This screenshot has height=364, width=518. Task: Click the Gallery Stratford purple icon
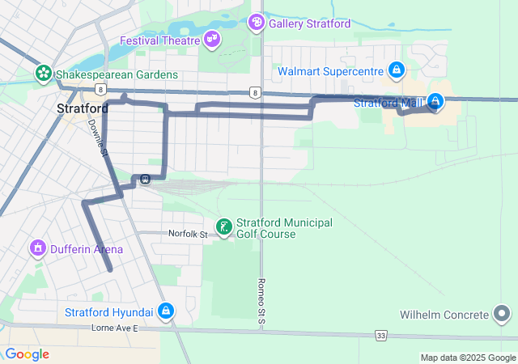pos(257,23)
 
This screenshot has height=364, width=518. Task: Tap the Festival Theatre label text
pos(160,40)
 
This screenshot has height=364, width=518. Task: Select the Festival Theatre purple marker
pos(212,39)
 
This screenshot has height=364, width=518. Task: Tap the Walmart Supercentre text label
pos(331,71)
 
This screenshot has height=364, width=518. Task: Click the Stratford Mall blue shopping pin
pos(435,102)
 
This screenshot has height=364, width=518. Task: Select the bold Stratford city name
pos(83,108)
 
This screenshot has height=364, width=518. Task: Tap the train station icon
pos(145,180)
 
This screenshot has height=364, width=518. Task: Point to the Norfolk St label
pos(189,233)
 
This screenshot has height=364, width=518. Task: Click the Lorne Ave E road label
pos(115,329)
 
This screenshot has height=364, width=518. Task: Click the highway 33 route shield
pos(380,334)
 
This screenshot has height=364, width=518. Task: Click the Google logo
pos(27,354)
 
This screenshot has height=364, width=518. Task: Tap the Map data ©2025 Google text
pos(467,358)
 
